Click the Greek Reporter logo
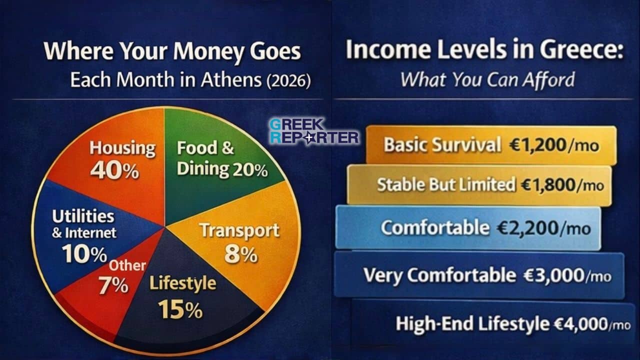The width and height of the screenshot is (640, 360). [313, 131]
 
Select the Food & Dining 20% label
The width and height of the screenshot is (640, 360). [222, 159]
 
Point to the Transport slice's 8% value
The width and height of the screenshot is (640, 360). [240, 254]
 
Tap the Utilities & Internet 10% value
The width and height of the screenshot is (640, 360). [85, 254]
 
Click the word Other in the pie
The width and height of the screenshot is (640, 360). [127, 265]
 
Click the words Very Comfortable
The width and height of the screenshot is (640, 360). [439, 275]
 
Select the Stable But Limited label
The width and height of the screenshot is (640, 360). [445, 185]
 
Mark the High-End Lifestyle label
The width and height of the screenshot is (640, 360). [472, 324]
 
